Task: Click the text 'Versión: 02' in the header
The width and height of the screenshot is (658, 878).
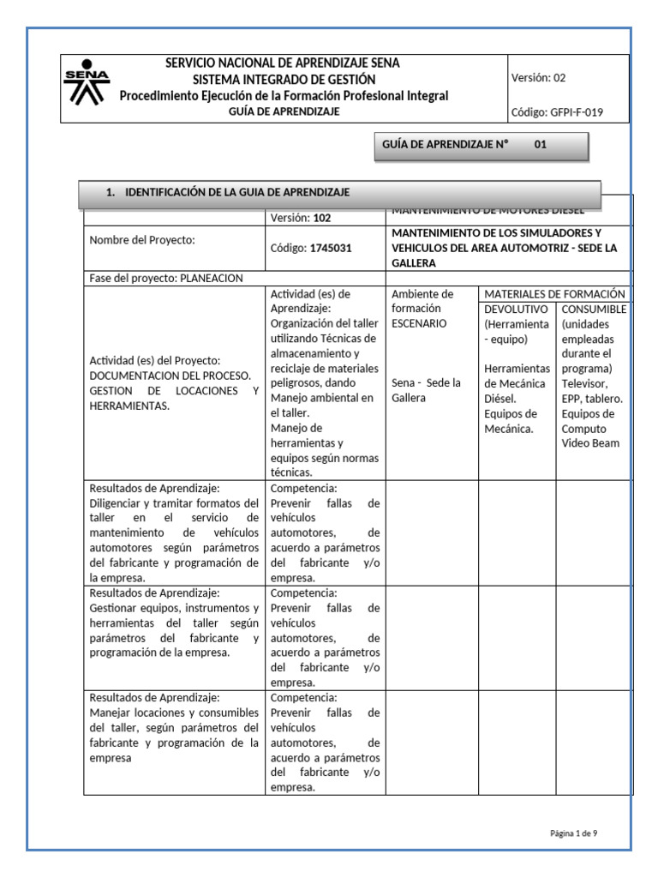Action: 538,77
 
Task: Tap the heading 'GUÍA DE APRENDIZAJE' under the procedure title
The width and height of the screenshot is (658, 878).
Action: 283,111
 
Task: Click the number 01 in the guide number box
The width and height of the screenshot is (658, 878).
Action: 540,145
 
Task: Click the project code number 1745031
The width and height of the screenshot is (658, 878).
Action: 330,247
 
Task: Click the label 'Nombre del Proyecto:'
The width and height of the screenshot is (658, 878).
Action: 142,240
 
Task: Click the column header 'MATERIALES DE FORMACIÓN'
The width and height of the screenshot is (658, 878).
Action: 554,293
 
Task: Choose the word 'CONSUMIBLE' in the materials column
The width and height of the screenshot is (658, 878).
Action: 594,309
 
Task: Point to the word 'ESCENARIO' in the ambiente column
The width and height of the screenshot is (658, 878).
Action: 419,323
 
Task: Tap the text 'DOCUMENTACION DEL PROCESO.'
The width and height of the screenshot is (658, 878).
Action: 170,376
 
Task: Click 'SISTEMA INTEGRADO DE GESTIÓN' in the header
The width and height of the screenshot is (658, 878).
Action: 283,80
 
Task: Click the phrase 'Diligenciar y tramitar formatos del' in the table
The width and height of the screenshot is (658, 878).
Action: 173,502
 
